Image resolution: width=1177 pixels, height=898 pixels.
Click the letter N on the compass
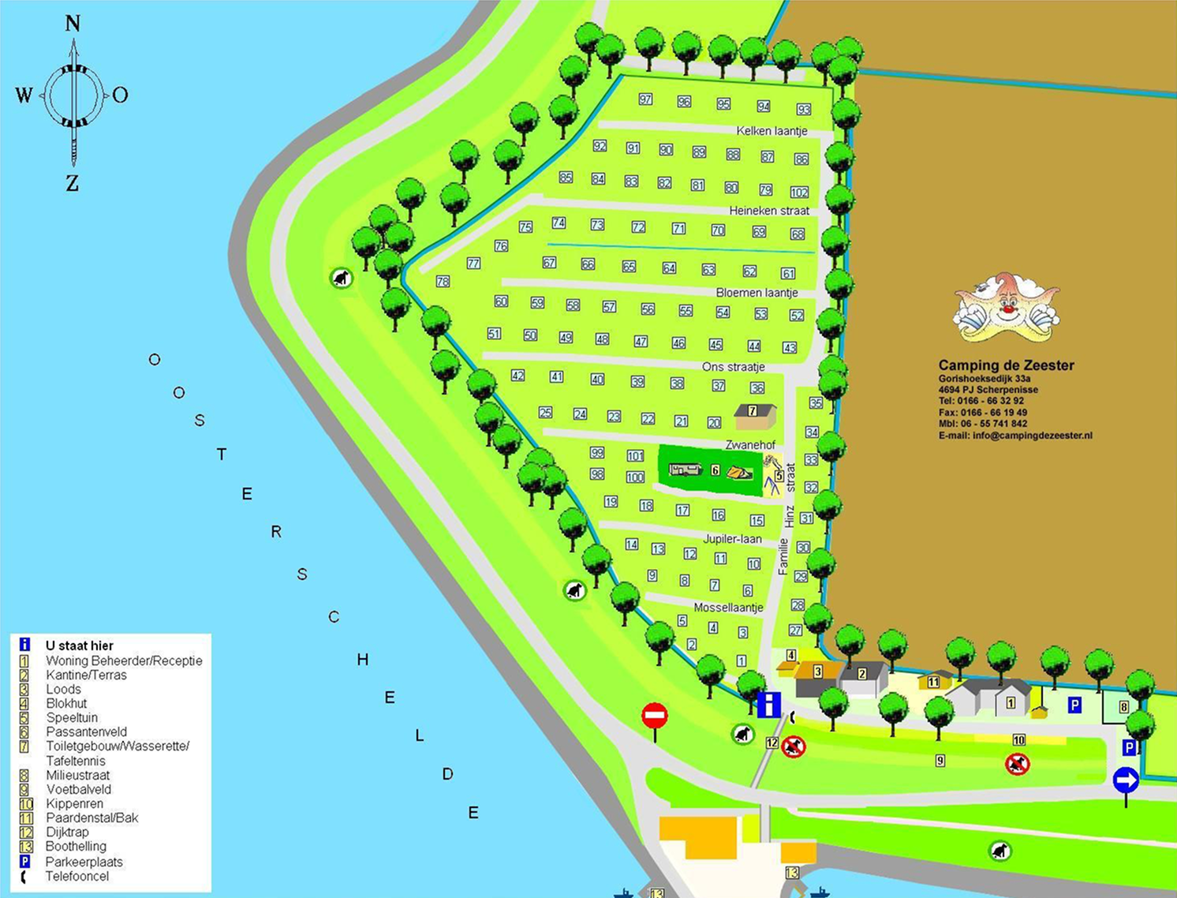pyautogui.click(x=73, y=24)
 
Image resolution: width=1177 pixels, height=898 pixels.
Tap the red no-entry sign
pyautogui.click(x=654, y=717)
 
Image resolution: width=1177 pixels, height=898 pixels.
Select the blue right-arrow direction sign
pyautogui.click(x=1126, y=780)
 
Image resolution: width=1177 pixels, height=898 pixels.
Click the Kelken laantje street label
pyautogui.click(x=772, y=131)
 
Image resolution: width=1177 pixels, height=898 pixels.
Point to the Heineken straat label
pyautogui.click(x=769, y=211)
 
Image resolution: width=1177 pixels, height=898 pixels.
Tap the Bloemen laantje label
pyautogui.click(x=757, y=293)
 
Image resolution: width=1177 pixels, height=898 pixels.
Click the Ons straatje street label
pyautogui.click(x=734, y=367)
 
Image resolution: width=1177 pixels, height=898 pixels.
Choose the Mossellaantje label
pyautogui.click(x=728, y=608)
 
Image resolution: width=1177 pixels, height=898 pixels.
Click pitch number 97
pyautogui.click(x=646, y=99)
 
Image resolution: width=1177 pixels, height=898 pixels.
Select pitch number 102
pyautogui.click(x=799, y=193)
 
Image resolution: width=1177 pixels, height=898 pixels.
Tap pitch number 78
pyautogui.click(x=443, y=282)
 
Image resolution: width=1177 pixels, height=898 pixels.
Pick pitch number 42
pyautogui.click(x=518, y=376)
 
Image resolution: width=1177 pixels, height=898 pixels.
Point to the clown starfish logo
pyautogui.click(x=1006, y=309)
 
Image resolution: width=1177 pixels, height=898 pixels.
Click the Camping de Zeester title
pyautogui.click(x=1006, y=365)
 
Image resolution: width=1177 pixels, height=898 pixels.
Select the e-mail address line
pyautogui.click(x=1015, y=436)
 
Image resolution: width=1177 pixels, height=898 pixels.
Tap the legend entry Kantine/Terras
pyautogui.click(x=86, y=675)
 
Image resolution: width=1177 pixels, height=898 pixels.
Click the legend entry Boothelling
pyautogui.click(x=76, y=847)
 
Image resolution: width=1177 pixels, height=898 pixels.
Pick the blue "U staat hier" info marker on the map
pyautogui.click(x=768, y=704)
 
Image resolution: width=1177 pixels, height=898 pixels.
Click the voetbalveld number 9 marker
pyautogui.click(x=940, y=761)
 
